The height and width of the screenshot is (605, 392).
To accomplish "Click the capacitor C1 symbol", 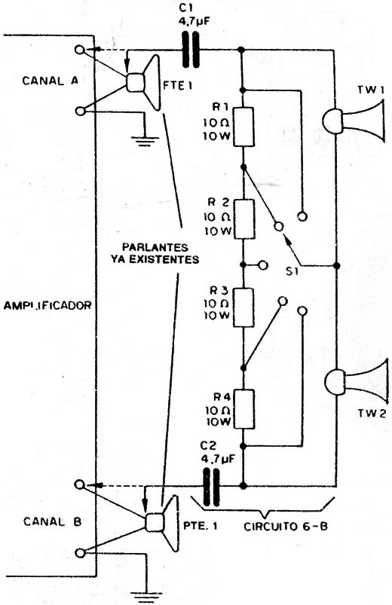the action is [x=191, y=50].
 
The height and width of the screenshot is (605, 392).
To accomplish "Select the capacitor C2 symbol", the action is [x=211, y=487].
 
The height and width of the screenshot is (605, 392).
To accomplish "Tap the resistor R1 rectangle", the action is [x=243, y=127].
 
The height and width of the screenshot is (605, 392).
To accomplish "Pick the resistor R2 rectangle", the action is [x=244, y=219].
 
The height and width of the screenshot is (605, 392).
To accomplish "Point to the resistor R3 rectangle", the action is [x=243, y=307].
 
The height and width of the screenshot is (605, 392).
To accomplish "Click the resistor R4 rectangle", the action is [x=243, y=409].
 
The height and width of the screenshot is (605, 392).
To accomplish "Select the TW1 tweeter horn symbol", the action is [x=354, y=121].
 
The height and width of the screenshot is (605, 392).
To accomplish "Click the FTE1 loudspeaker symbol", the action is [x=143, y=83].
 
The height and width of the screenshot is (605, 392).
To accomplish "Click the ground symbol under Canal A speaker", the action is [x=145, y=141].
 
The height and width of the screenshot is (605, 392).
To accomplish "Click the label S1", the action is [x=292, y=272].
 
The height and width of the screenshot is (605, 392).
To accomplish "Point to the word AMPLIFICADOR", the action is [x=47, y=306].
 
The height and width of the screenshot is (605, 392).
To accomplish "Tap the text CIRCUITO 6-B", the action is [x=286, y=527].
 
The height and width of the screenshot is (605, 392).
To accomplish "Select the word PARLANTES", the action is [x=155, y=247].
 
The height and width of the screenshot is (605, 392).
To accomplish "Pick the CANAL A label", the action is [x=51, y=81].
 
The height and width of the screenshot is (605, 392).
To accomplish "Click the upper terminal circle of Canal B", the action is [x=80, y=484].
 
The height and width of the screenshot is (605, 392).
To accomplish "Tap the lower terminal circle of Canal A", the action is [x=80, y=111].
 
